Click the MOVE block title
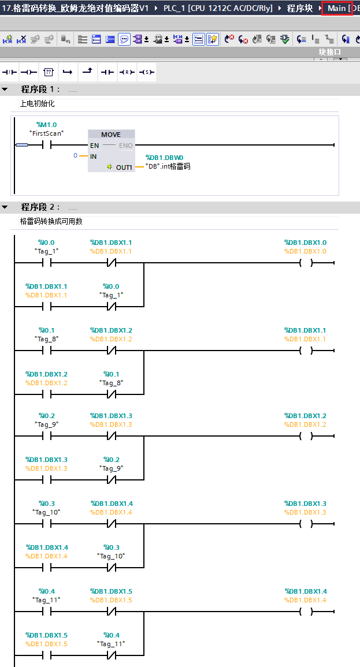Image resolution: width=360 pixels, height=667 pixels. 110,135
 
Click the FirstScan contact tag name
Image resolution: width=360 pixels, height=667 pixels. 46,133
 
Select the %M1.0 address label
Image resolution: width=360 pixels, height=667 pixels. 46,125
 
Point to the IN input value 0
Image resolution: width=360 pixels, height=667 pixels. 75,156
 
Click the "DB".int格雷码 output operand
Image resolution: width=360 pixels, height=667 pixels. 168,166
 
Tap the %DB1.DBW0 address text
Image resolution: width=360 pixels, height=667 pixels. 164,158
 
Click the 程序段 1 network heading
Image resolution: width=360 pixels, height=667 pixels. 40,90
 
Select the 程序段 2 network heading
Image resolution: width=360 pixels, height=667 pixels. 40,207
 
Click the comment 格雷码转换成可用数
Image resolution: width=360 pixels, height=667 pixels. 51,221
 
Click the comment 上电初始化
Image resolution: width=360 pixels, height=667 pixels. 38,103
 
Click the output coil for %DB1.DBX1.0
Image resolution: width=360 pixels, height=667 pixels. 306,263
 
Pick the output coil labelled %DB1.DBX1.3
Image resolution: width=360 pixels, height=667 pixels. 306,524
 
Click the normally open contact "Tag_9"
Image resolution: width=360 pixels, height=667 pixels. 46,436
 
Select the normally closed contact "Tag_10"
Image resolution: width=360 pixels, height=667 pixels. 111,568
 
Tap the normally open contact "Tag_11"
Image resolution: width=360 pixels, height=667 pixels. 46,612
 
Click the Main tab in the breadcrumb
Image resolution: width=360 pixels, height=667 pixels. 337,8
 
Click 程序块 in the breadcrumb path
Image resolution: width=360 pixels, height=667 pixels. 299,8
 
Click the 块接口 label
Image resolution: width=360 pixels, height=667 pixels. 330,52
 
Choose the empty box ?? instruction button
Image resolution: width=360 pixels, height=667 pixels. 49,72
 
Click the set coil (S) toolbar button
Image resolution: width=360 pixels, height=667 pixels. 147,72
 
